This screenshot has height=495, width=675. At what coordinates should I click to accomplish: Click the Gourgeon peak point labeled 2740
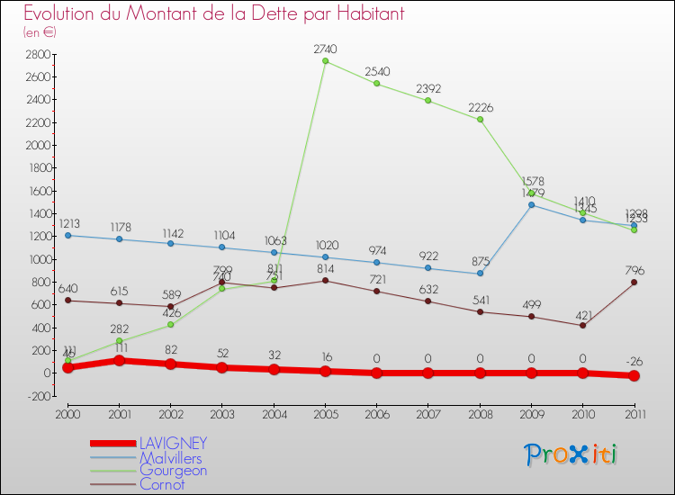click(x=325, y=61)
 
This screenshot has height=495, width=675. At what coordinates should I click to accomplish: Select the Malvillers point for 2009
click(x=531, y=205)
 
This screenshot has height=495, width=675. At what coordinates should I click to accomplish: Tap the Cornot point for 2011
click(x=634, y=283)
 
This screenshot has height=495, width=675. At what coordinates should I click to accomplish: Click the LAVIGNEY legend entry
click(x=174, y=444)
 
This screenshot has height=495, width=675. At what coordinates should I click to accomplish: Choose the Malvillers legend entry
click(x=171, y=458)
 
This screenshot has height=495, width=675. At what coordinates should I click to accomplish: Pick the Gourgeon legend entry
click(x=173, y=471)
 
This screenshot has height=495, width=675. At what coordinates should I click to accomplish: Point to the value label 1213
click(x=68, y=224)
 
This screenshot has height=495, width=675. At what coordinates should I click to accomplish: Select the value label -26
click(x=634, y=362)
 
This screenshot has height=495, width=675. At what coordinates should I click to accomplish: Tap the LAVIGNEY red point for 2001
click(x=119, y=360)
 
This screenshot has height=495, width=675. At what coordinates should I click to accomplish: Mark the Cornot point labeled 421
click(x=583, y=325)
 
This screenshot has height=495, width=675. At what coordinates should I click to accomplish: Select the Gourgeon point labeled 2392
click(x=428, y=101)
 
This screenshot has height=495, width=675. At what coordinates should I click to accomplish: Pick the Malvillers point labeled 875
click(x=480, y=274)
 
